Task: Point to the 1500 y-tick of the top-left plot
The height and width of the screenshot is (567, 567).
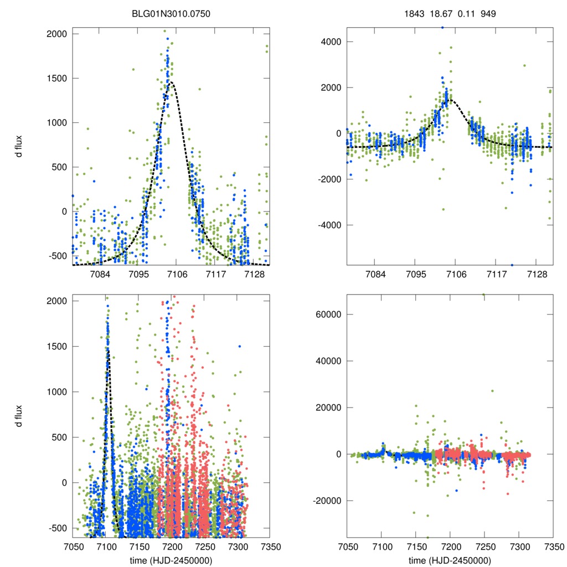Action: [x=55, y=78]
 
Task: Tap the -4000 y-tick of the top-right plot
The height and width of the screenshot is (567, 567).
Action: [x=328, y=225]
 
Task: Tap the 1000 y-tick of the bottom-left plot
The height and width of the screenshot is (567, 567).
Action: [x=55, y=391]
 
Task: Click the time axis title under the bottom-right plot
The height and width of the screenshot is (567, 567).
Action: [x=450, y=560]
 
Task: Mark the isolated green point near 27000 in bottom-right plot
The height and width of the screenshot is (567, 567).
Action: [x=492, y=391]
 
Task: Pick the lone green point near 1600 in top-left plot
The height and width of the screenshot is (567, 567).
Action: [x=133, y=69]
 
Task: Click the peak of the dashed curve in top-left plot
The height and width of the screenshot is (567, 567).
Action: [x=172, y=83]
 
